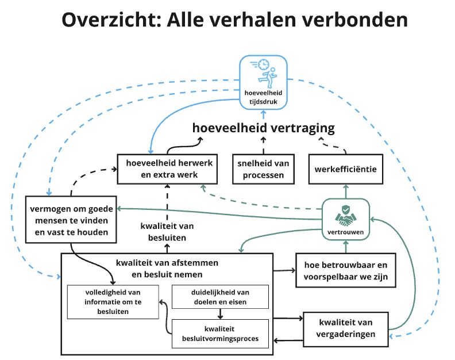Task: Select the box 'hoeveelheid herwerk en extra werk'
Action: coord(165,168)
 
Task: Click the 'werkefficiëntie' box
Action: coord(345,168)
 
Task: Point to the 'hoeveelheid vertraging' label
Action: coord(264,128)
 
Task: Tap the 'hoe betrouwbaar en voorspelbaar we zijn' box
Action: coord(345,270)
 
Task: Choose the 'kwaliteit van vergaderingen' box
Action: coord(345,329)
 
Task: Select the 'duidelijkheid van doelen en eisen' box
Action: coord(220,297)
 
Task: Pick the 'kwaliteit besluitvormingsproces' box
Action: coord(220,334)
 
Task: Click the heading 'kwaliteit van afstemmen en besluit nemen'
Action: coord(167,267)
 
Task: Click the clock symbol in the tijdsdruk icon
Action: coord(263,64)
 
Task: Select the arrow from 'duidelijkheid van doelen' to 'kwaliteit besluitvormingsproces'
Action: coord(220,314)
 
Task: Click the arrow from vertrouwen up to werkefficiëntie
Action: coord(345,191)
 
